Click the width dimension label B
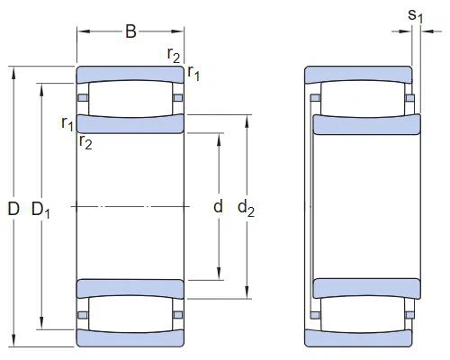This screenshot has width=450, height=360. pos(130,32)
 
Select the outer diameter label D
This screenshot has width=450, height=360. pos(13,209)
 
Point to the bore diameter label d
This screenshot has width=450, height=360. pos(217,207)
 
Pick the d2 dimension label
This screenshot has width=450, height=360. pos(246,208)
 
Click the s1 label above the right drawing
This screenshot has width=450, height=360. pos(415,15)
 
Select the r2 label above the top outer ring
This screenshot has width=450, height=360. pos(175,53)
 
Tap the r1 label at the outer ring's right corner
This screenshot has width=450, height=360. pos(193,73)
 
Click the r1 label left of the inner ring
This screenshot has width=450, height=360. pos(67,122)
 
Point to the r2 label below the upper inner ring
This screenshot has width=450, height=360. pos(86,142)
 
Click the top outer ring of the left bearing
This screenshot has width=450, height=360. pos(130,74)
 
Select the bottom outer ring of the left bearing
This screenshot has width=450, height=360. pos(130,338)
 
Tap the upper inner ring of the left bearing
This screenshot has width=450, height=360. pos(130,123)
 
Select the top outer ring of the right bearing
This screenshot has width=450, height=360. pos(358,74)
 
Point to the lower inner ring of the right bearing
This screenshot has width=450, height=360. pos(364,289)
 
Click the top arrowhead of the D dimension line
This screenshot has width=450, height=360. pos(13,71)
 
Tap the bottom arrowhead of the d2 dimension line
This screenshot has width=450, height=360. pos(246,292)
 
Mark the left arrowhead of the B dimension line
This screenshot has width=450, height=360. pos(80,33)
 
